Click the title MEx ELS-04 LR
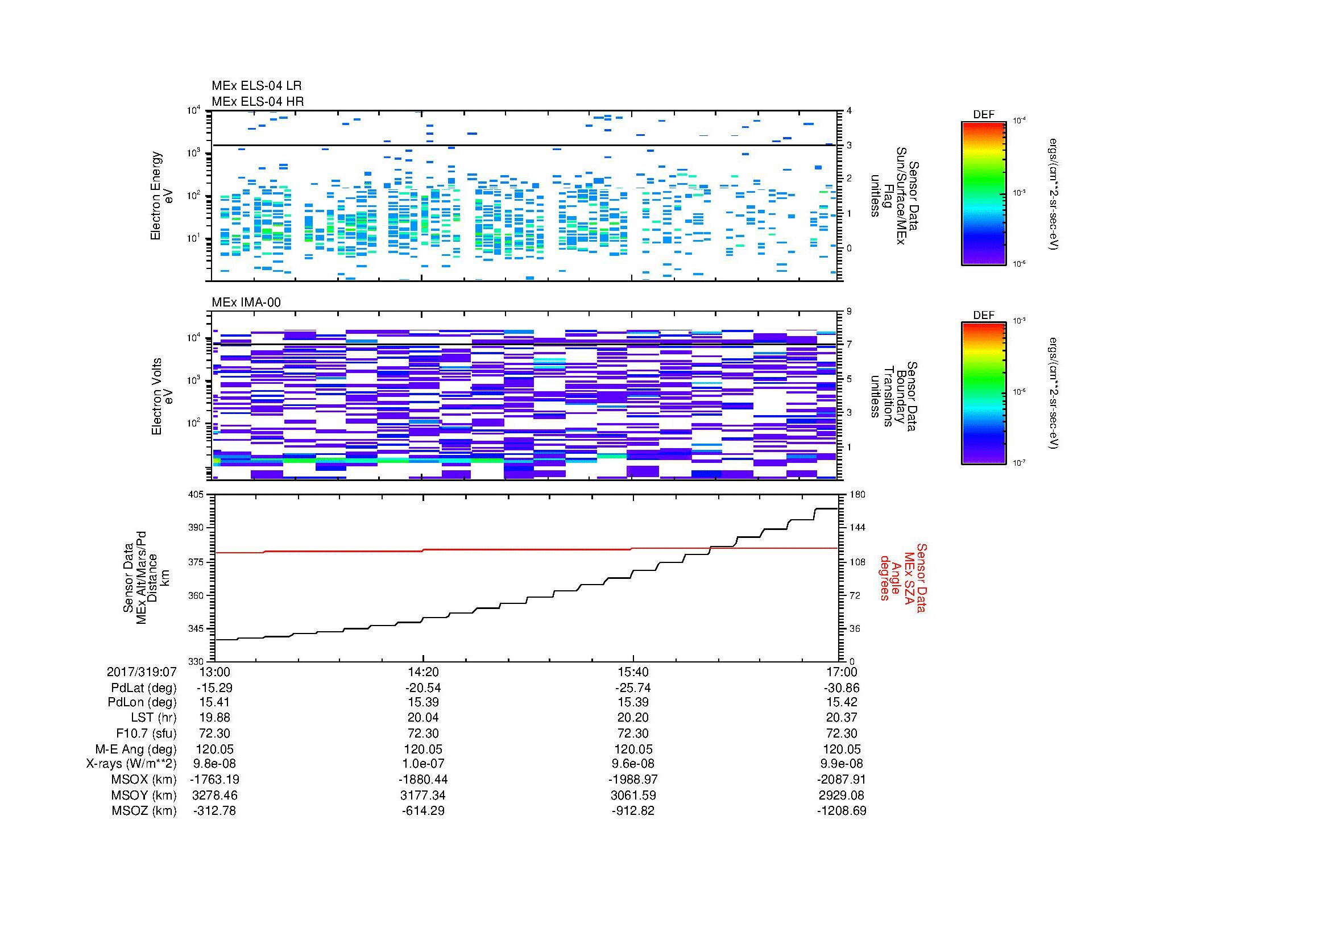(x=256, y=86)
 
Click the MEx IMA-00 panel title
(x=246, y=303)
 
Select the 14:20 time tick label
(x=424, y=672)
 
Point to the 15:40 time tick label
(x=633, y=672)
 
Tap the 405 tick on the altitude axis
(x=196, y=495)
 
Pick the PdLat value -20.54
(x=424, y=688)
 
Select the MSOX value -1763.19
(x=215, y=780)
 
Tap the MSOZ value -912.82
(x=633, y=811)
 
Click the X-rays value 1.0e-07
(x=424, y=764)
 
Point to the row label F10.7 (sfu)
(x=146, y=733)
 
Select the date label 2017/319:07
(x=142, y=672)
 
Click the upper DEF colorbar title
(x=984, y=115)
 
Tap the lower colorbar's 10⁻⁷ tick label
(x=1018, y=462)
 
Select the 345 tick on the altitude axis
(x=196, y=628)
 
